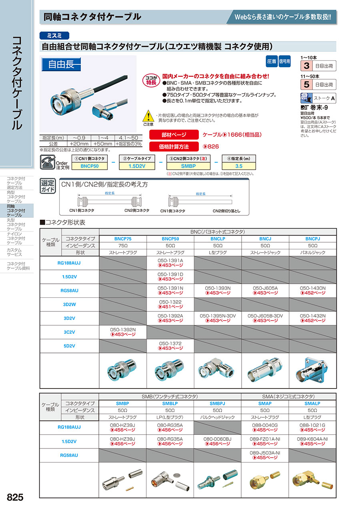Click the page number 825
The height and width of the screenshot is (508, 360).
(15, 497)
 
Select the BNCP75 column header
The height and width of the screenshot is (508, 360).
(123, 238)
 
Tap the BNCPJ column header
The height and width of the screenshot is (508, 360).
(312, 238)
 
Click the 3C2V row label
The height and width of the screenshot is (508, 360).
(69, 332)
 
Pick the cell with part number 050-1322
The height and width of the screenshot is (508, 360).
(170, 304)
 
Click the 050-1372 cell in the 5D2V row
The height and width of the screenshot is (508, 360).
(170, 346)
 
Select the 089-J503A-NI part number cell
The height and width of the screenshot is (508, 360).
(265, 455)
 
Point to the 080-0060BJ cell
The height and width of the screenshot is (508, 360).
(217, 441)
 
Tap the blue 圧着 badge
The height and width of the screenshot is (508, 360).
(271, 62)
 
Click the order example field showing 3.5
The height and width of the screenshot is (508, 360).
(238, 165)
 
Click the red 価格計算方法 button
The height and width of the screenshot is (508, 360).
(174, 147)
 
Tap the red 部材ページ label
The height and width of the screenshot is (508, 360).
(174, 135)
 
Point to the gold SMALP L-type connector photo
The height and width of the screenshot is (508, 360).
(312, 479)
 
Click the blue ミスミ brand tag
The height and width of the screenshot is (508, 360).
(55, 35)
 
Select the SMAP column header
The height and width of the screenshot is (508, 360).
(265, 404)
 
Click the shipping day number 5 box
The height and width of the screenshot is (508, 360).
(306, 85)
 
